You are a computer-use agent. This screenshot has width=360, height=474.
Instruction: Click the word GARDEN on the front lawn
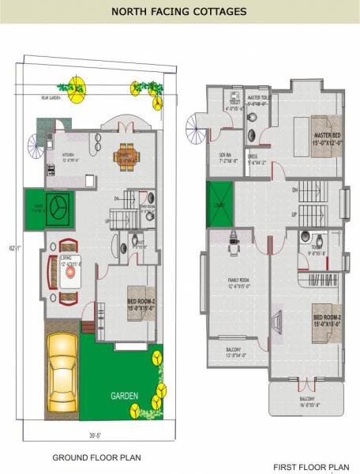coord(124,395)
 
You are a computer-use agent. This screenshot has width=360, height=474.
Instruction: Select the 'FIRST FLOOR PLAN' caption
coord(311,467)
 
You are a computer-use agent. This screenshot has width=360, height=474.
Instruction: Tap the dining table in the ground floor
coord(126,155)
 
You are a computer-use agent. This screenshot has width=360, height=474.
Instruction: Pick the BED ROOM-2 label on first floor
coord(327,320)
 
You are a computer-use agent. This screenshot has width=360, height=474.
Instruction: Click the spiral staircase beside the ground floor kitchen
coord(35,146)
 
